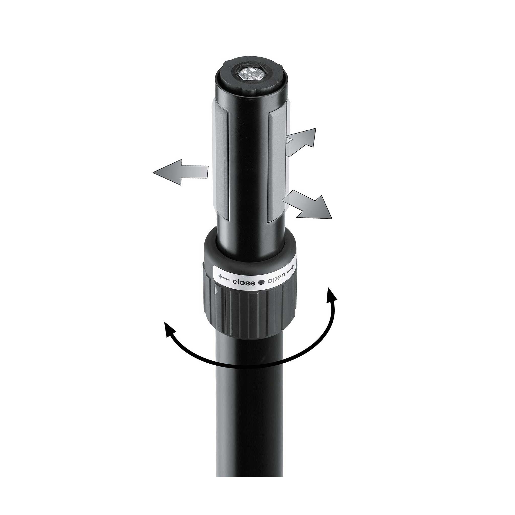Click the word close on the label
[x=243, y=282]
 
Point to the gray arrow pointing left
[x=181, y=172]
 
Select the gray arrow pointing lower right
[x=307, y=204]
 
